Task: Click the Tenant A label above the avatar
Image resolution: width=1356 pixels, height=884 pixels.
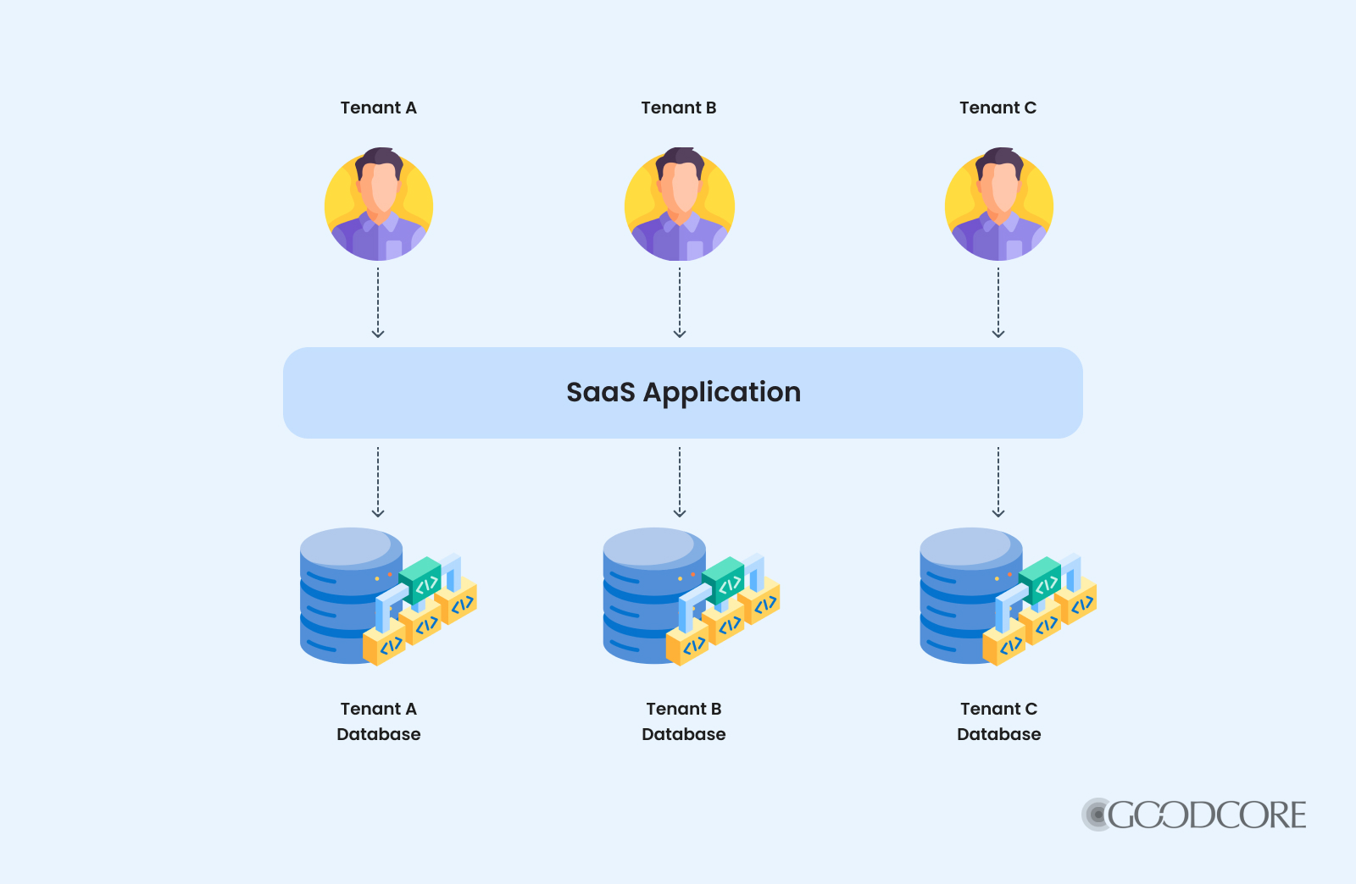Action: [378, 108]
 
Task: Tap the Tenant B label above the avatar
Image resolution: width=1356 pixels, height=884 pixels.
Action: [679, 108]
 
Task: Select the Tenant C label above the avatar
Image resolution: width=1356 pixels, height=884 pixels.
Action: [998, 108]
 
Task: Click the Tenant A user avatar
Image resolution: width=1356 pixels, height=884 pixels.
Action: [379, 206]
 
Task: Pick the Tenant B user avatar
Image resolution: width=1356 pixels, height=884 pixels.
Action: [680, 206]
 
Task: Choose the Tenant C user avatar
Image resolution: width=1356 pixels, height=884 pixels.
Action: [999, 206]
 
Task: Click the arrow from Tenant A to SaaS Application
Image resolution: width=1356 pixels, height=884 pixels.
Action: [378, 302]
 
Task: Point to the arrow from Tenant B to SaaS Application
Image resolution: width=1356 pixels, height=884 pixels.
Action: [680, 302]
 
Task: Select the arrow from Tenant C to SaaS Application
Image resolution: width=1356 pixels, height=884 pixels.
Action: [998, 302]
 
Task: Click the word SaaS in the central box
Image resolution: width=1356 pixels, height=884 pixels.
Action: [600, 392]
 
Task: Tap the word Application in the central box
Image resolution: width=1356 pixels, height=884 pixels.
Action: [721, 393]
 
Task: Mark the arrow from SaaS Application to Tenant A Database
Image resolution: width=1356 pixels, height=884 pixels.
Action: [378, 482]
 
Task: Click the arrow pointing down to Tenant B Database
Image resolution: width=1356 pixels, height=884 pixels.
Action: [680, 482]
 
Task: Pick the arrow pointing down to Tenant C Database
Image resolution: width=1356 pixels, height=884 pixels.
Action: [998, 482]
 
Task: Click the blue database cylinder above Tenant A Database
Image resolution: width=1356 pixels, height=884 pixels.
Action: [343, 593]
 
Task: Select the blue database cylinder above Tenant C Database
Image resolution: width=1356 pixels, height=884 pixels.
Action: [963, 593]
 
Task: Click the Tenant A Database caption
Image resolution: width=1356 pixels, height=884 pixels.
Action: [378, 721]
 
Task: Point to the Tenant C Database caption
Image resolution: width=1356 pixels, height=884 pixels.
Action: [998, 721]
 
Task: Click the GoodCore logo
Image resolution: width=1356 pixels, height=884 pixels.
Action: [1194, 815]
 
